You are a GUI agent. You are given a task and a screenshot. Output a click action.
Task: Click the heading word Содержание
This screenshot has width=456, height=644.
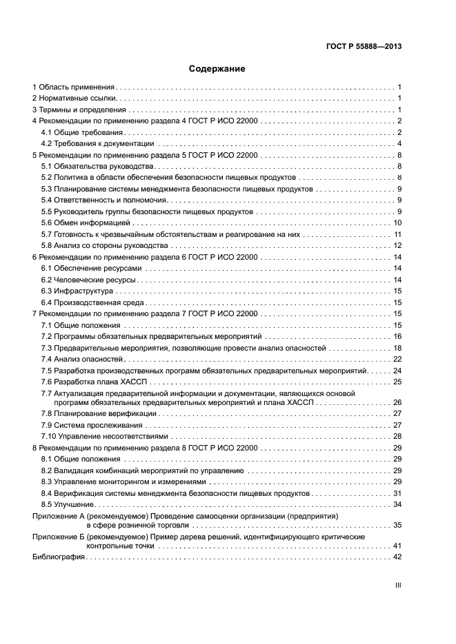coord(217,69)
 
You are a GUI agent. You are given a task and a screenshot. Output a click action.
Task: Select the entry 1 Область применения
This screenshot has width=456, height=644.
coord(73,87)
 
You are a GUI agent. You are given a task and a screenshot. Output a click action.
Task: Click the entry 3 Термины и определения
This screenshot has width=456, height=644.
coord(79,110)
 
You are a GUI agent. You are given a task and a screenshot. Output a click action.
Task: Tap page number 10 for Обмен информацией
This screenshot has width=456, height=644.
coord(397,222)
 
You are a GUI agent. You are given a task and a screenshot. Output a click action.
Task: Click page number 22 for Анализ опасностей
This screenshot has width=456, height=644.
coord(397,359)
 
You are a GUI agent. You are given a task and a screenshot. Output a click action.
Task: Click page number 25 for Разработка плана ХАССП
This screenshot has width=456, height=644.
coord(397,381)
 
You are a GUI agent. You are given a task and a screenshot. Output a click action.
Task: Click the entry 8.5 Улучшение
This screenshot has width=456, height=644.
coord(66,504)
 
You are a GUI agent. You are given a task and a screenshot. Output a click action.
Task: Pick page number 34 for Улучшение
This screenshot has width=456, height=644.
coord(397,504)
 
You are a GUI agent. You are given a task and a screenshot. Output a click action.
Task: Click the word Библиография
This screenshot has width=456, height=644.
coord(59,557)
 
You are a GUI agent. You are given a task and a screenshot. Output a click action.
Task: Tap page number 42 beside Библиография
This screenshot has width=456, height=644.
coord(397,557)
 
